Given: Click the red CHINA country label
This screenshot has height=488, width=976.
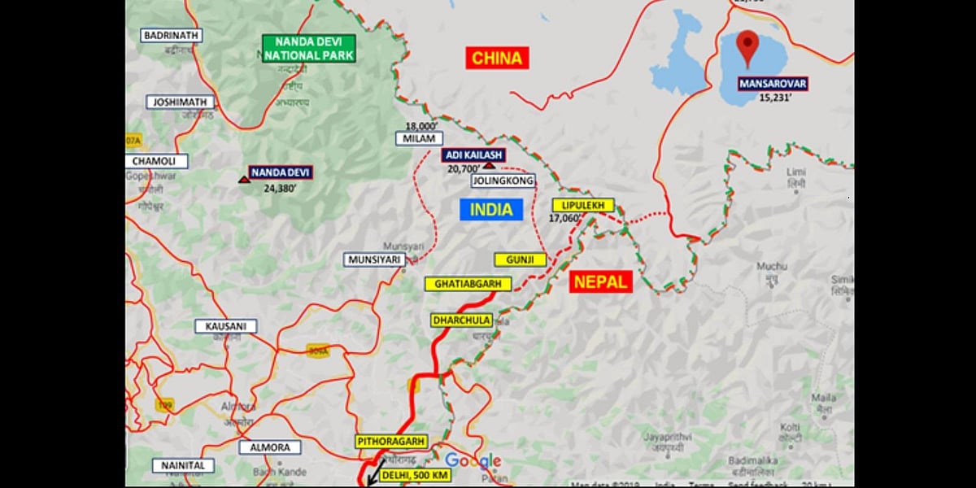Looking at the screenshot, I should coord(497,58).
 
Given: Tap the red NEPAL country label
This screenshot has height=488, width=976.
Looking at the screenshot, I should coord(600,282).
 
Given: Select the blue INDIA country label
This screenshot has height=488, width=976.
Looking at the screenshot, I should coord(491,210).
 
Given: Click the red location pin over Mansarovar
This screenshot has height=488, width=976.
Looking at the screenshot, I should coord(747,49).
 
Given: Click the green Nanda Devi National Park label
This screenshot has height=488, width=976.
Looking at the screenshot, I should coord(309,48).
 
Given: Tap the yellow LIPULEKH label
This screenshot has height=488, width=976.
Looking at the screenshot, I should coord(582,206).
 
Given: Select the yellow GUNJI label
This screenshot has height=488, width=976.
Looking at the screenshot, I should coord(520,259).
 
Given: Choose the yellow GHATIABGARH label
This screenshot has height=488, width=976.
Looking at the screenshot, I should coord(468,284).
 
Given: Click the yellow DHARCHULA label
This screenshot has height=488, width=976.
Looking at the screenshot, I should coord(461,320).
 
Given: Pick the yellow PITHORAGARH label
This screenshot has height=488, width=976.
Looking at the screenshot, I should coord(391,441).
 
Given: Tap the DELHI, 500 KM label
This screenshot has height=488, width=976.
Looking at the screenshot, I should coord(400,474).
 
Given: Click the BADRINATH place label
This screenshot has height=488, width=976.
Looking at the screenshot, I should coord(172,36).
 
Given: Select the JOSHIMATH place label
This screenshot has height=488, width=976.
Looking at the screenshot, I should coord(181,102).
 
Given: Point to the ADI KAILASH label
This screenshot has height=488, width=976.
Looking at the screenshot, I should coord(474,155).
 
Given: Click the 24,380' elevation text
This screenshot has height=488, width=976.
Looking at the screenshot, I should coord(280,187).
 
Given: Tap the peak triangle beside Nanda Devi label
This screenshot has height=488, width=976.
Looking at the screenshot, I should coord(244,178).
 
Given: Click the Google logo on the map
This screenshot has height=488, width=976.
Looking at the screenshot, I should coord(473,461).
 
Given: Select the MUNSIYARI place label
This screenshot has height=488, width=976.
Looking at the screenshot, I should coord(374,259).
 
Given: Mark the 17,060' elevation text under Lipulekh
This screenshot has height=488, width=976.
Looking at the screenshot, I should coord(565,219).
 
